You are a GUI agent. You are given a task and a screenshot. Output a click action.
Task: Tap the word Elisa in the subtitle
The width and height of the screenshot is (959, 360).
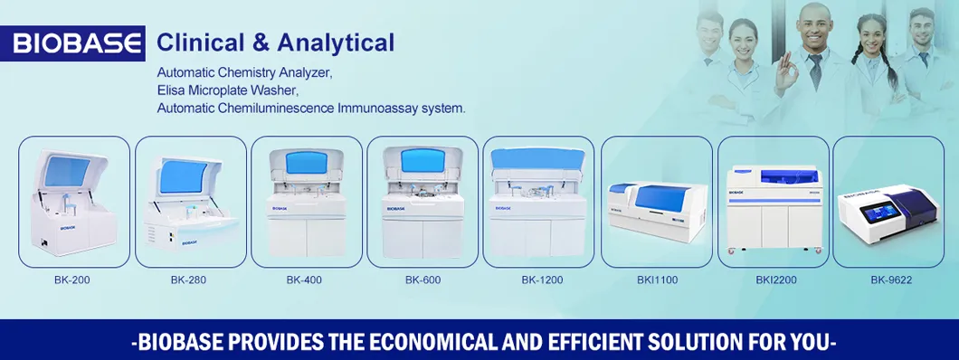(172, 90)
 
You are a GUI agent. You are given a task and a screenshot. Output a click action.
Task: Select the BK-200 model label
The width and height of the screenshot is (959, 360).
(71, 279)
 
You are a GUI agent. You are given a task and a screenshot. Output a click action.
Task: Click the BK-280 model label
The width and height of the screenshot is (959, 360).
(188, 279)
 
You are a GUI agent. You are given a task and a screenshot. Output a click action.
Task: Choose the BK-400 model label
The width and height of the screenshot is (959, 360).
(305, 279)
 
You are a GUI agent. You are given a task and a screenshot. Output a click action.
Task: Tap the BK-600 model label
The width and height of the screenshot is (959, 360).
(423, 279)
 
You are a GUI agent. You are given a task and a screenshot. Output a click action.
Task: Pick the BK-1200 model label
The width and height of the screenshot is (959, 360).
(541, 279)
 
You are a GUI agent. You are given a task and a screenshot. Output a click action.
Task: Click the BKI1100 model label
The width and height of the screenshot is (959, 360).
(657, 279)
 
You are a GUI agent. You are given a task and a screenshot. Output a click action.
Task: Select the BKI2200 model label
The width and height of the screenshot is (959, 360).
(775, 279)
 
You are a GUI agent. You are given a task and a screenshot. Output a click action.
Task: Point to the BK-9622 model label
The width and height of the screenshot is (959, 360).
(891, 279)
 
